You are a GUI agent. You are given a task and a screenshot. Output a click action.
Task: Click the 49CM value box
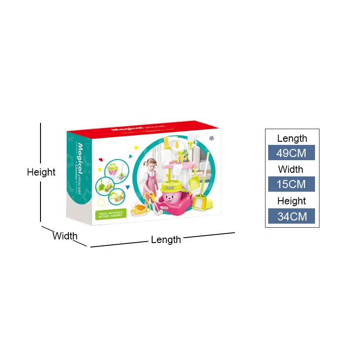291,153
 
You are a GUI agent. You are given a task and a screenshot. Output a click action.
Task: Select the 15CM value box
291,184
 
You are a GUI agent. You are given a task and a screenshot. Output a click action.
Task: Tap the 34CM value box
291,216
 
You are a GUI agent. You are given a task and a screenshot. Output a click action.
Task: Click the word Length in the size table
292,139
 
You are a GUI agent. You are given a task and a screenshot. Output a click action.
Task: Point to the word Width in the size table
291,170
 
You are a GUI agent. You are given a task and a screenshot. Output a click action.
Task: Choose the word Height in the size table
292,201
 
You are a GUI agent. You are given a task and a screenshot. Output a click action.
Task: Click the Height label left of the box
41,172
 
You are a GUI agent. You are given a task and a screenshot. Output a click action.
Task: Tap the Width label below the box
65,236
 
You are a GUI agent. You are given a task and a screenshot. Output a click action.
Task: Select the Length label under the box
166,240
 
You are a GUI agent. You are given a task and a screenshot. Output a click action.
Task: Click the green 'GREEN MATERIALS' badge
110,214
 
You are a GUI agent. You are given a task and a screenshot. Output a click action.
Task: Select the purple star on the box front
211,139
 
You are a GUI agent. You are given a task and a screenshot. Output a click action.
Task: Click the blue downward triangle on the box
128,187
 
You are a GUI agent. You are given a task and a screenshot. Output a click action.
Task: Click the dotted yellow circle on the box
101,202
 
